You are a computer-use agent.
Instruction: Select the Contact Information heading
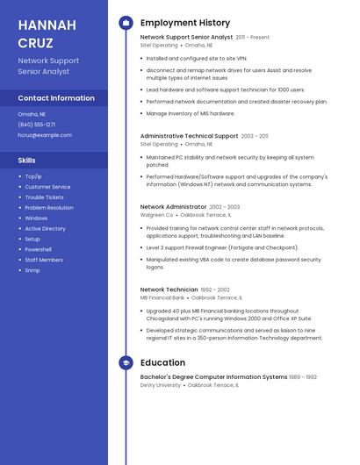click(56, 98)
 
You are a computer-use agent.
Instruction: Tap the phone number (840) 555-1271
click(37, 125)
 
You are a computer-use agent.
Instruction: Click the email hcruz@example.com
click(45, 135)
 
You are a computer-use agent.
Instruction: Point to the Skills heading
click(27, 161)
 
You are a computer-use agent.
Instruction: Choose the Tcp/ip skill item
click(33, 176)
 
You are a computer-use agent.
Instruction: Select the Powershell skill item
click(38, 249)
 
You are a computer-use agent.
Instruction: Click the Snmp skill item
click(32, 270)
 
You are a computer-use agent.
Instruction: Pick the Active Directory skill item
click(45, 228)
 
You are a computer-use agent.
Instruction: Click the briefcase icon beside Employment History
click(126, 23)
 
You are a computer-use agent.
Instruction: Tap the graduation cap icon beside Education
click(126, 362)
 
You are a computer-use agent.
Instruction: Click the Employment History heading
click(185, 23)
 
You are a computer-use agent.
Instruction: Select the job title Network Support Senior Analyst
click(186, 38)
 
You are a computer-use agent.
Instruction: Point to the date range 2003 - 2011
click(255, 136)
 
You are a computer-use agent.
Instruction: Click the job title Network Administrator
click(173, 207)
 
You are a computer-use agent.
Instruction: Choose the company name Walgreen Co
click(157, 215)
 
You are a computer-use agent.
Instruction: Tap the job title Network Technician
click(169, 290)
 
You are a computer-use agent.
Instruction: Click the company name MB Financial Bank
click(162, 297)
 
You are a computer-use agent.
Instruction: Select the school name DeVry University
click(161, 385)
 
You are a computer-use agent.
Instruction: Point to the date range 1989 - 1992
click(304, 377)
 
